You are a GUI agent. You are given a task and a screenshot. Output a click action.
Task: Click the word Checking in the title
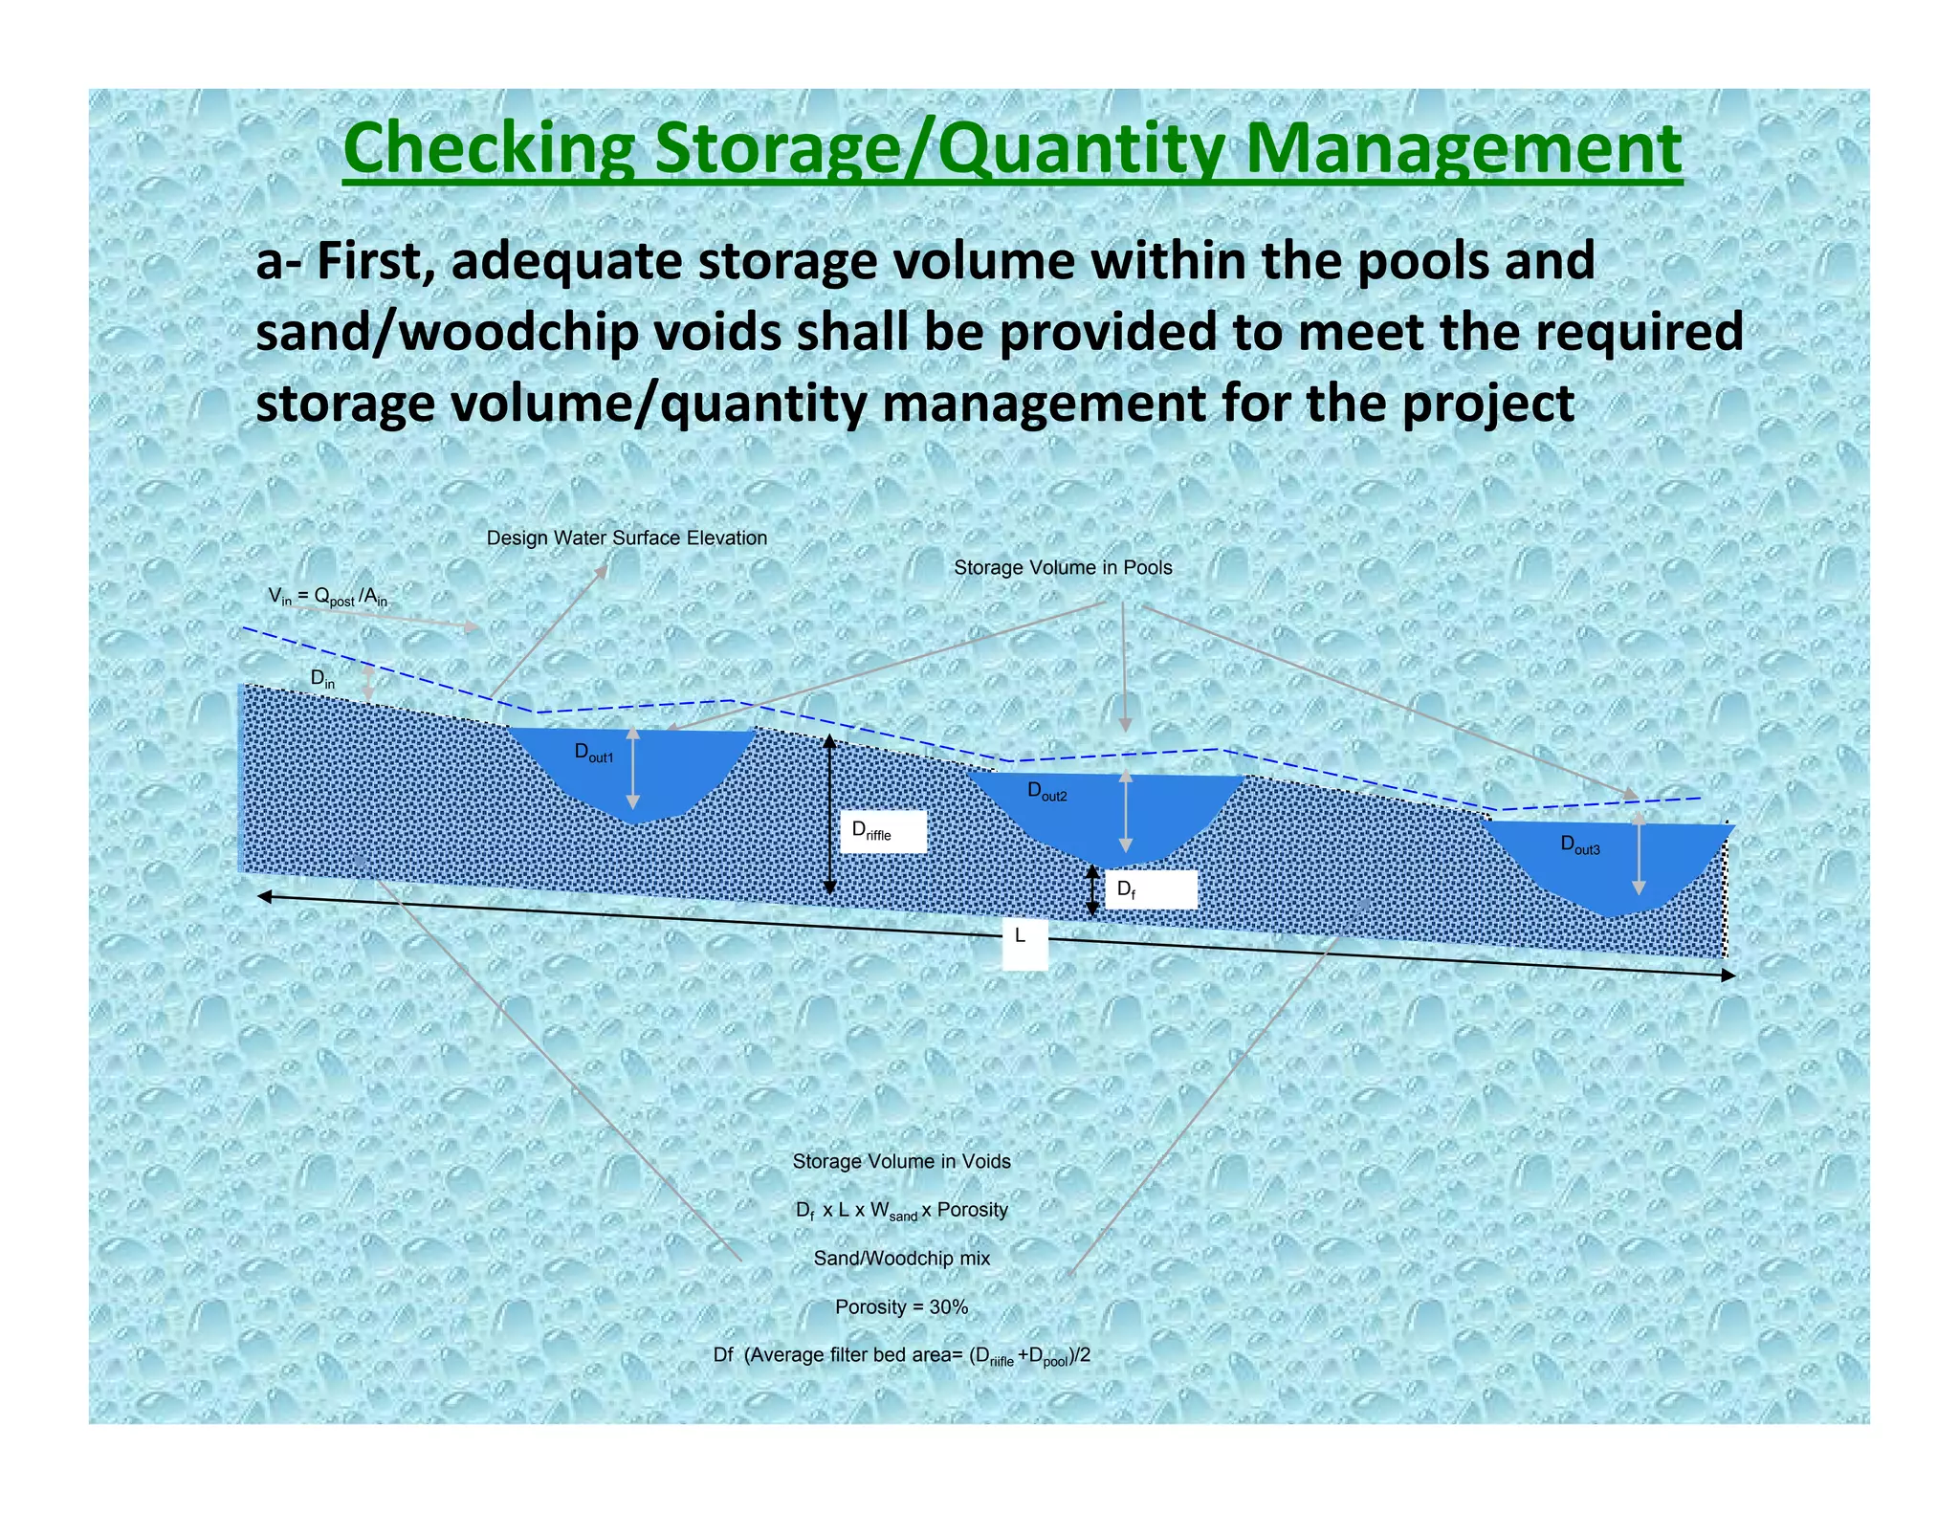click(488, 149)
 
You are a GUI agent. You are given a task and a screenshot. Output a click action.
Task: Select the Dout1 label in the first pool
click(593, 753)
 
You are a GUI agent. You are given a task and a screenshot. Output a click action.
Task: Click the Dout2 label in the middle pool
click(1046, 791)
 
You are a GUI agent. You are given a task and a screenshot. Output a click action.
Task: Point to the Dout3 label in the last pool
click(1579, 844)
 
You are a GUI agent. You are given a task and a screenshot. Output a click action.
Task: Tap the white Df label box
click(1149, 889)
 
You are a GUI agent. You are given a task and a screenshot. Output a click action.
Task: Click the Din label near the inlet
click(322, 679)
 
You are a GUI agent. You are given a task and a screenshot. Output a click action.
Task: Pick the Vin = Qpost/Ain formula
click(328, 597)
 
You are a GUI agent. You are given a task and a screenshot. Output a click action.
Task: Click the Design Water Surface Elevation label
click(627, 538)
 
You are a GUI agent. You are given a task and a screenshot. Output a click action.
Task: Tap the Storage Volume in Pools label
click(1063, 568)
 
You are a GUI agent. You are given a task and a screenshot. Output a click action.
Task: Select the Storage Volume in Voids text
click(901, 1161)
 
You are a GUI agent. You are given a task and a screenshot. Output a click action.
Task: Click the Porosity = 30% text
click(901, 1306)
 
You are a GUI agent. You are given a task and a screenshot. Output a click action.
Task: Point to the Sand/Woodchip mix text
click(901, 1259)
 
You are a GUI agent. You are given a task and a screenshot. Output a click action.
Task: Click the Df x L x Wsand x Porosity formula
click(901, 1211)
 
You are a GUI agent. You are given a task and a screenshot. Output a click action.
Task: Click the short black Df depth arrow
click(1092, 890)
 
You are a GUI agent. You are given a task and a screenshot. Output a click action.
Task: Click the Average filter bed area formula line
click(901, 1356)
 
